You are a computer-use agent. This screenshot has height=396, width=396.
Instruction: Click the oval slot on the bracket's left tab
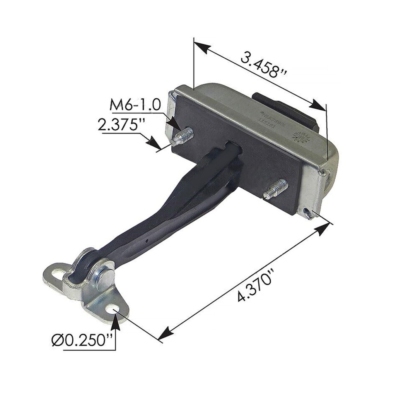56,276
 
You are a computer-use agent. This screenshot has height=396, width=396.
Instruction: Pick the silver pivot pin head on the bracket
104,276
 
